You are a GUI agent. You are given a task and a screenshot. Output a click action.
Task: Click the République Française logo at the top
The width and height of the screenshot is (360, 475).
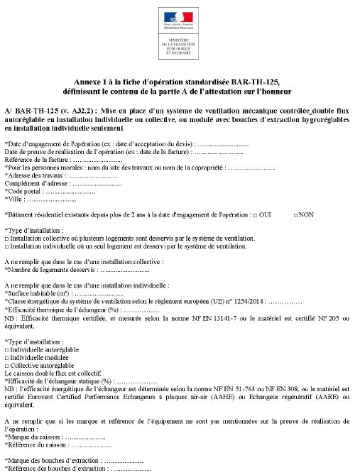pos(180,17)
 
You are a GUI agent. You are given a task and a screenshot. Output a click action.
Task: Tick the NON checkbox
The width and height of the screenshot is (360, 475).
pos(294,214)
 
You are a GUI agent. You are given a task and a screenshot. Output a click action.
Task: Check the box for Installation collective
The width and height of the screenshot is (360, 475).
pos(6,239)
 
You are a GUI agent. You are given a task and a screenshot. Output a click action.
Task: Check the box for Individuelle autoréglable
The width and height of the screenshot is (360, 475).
pos(6,350)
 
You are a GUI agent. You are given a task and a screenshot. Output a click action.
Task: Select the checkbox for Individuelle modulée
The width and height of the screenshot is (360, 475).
pos(6,358)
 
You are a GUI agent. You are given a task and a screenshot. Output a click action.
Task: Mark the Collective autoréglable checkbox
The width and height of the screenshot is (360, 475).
pos(6,365)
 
